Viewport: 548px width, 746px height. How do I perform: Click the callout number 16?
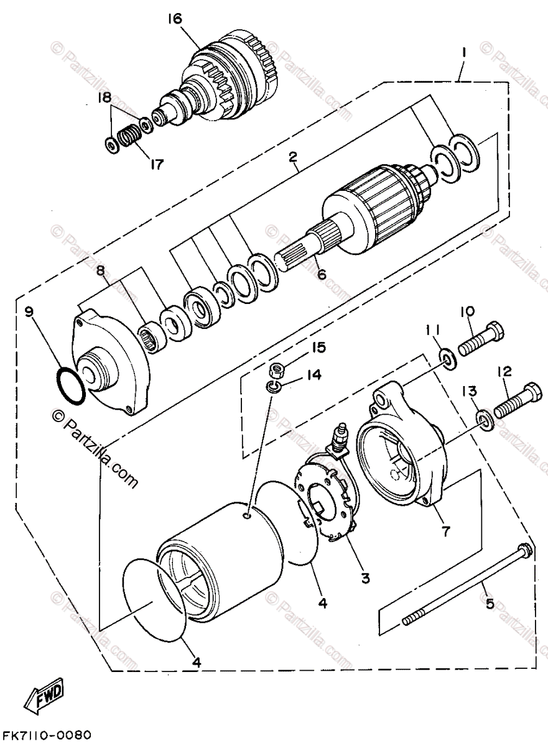click(x=174, y=19)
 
